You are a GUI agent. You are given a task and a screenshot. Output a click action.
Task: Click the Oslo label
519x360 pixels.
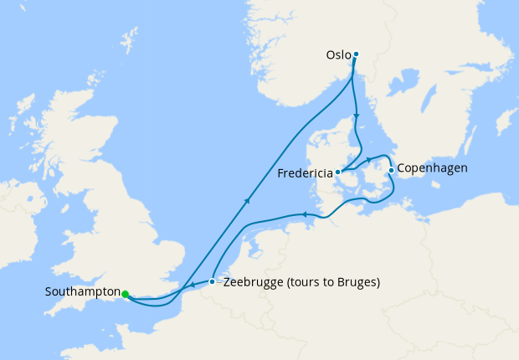[338, 55]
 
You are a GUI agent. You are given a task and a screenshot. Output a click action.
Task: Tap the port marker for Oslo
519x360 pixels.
[356, 54]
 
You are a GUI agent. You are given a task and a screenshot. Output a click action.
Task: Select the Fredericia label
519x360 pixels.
[305, 174]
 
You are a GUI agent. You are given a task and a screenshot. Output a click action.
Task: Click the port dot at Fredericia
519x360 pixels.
[338, 172]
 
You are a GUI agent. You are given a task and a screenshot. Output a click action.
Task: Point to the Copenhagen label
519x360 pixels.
[432, 168]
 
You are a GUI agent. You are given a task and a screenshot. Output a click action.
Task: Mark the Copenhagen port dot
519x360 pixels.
[391, 170]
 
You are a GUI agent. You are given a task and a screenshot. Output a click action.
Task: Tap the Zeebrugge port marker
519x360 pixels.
[212, 281]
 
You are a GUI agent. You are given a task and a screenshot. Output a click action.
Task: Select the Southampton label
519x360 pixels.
[82, 292]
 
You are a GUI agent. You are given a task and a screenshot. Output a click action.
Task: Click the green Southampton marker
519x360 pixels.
[125, 294]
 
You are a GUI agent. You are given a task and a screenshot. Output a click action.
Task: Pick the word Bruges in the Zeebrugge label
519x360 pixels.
[357, 282]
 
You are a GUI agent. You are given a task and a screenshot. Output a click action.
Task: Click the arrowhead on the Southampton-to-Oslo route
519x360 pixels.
[248, 199]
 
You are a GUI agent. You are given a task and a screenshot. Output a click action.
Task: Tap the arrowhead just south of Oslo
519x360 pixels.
[357, 116]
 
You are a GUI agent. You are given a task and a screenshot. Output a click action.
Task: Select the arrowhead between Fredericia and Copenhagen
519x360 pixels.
[368, 159]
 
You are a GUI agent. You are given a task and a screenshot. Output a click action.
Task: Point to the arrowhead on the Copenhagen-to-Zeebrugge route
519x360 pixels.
[305, 215]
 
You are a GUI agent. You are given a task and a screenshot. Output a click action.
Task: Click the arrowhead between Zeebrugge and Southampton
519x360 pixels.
[192, 287]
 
